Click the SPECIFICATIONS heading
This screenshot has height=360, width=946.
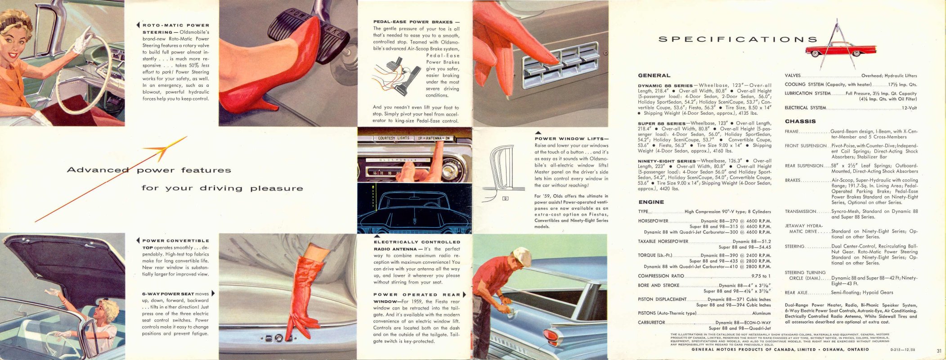tap(737, 39)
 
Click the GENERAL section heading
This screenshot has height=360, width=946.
tap(654, 76)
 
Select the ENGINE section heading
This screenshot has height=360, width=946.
tap(651, 202)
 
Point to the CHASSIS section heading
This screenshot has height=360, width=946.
tap(800, 121)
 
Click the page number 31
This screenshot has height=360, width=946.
tap(939, 351)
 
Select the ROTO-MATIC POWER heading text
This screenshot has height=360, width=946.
tap(176, 25)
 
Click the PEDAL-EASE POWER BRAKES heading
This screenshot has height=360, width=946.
tap(416, 22)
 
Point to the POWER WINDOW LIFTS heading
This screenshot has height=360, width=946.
tap(571, 139)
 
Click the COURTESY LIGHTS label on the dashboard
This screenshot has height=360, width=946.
tap(393, 138)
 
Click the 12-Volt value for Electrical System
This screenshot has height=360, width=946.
tap(909, 108)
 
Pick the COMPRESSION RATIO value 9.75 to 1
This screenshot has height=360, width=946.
tap(761, 276)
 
